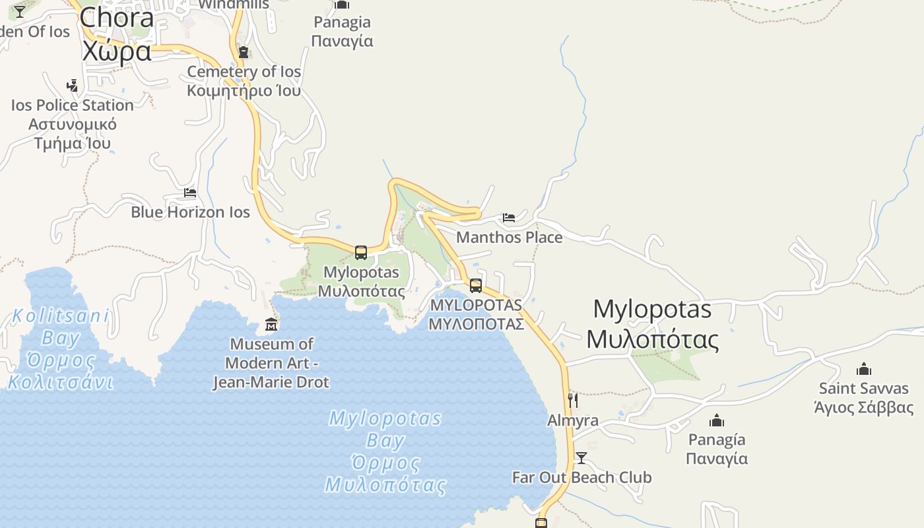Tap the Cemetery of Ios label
pos(244,81)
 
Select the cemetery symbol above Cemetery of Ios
pos(244,52)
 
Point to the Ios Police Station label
pos(73,124)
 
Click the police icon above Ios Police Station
pos(73,86)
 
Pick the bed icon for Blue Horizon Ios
pos(190,193)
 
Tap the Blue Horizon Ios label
pos(190,212)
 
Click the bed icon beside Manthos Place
pos(508,217)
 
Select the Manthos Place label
pos(509,237)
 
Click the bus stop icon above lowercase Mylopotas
pos(360,252)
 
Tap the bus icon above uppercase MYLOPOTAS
pos(475,286)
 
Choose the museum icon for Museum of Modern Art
pos(271,324)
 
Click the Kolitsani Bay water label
pos(60,349)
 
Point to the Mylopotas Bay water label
pos(385,452)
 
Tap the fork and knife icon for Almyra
pos(572,400)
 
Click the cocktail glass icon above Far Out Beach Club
pos(581,457)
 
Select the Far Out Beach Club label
pos(581,477)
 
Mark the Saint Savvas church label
pos(864,397)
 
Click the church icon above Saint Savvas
pos(864,369)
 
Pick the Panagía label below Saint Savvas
pos(717,449)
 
